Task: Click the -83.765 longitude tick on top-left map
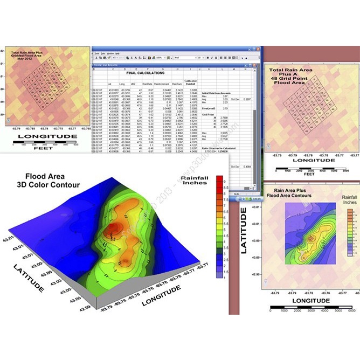click(x=85, y=129)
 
